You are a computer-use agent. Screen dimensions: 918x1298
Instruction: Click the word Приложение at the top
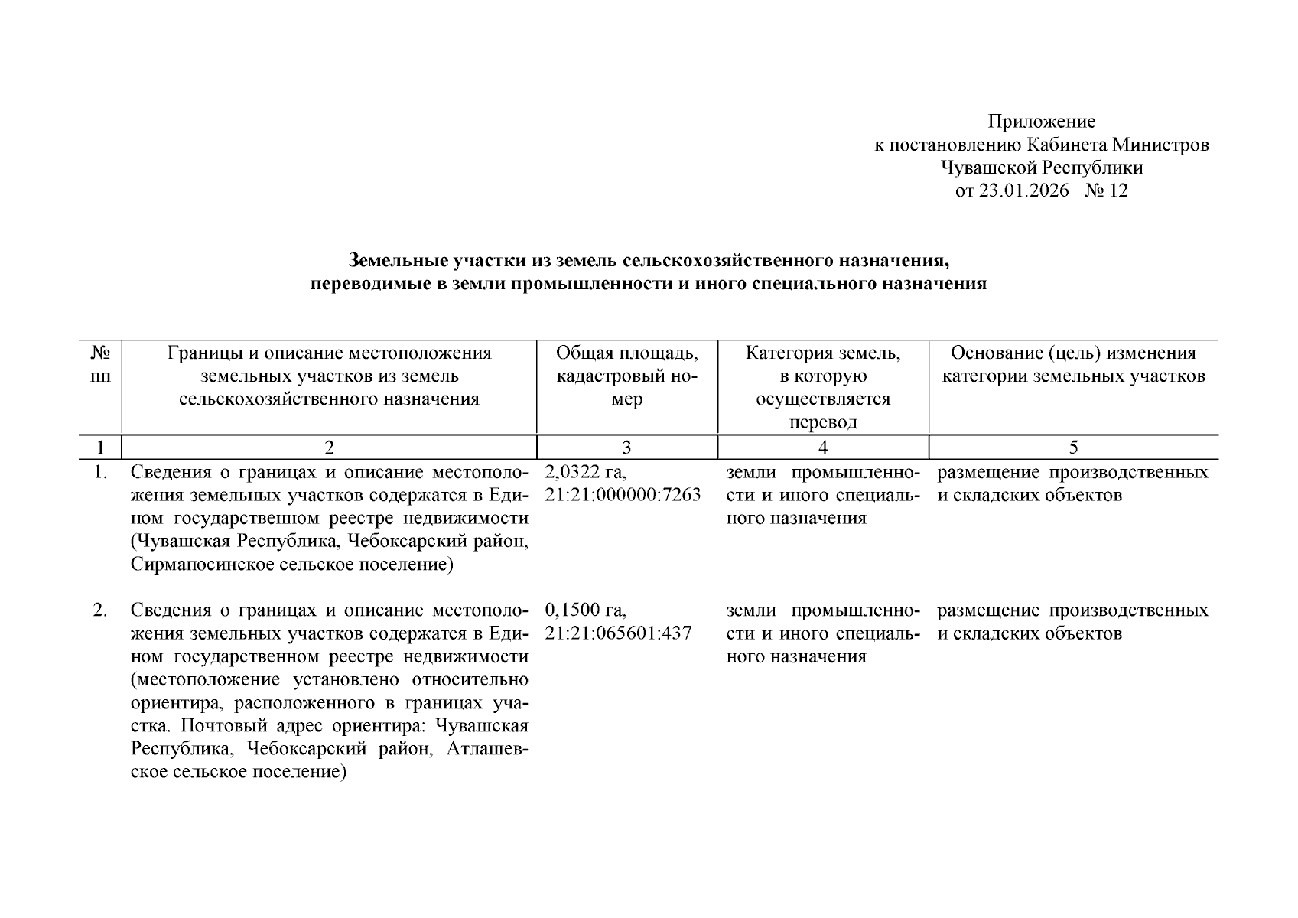1041,122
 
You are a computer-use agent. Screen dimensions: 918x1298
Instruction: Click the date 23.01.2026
1023,190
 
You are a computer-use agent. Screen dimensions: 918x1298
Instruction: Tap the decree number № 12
1105,190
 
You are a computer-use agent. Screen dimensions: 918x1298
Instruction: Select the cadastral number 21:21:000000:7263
623,495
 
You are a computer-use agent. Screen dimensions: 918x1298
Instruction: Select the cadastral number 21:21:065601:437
618,633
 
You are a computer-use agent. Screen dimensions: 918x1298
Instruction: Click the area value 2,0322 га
586,472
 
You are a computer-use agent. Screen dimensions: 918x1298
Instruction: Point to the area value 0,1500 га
586,610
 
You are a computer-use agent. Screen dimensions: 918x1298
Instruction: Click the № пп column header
100,364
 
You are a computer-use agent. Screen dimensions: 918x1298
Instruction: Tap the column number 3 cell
626,448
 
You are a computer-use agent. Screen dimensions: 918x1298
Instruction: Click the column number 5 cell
1073,448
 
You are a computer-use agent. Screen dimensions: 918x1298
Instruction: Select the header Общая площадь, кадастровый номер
626,376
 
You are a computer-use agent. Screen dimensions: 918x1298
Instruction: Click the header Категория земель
822,353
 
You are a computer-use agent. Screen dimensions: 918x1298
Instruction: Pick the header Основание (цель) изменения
1073,353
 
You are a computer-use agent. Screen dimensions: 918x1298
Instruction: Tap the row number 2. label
100,610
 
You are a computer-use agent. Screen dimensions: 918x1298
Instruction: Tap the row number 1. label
100,472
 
